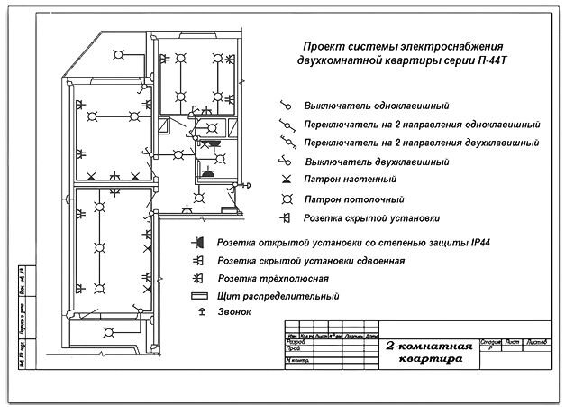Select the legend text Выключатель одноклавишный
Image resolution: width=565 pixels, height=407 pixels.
[377, 106]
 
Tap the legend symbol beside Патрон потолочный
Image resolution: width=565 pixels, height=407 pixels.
[287, 199]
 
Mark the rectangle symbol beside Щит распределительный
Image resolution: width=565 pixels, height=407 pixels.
[194, 296]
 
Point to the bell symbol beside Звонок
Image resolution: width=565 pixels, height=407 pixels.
[194, 312]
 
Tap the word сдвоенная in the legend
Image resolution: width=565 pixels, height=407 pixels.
[377, 260]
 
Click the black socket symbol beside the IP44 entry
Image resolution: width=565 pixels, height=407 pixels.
[194, 243]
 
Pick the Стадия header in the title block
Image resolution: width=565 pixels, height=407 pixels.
[490, 341]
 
